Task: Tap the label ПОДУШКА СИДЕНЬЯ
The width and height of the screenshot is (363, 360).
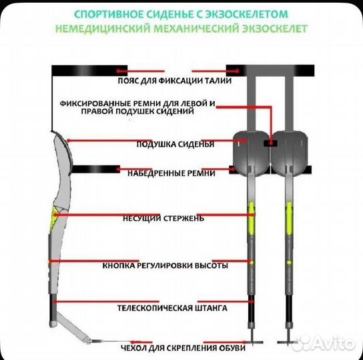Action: click(175, 143)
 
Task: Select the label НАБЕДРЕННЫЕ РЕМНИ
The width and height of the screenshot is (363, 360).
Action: click(171, 173)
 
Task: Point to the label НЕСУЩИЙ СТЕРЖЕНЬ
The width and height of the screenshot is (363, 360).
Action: click(163, 217)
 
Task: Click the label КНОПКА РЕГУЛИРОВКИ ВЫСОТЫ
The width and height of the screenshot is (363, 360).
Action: click(165, 265)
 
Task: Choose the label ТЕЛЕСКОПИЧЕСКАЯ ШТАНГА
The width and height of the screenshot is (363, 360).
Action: click(172, 309)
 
